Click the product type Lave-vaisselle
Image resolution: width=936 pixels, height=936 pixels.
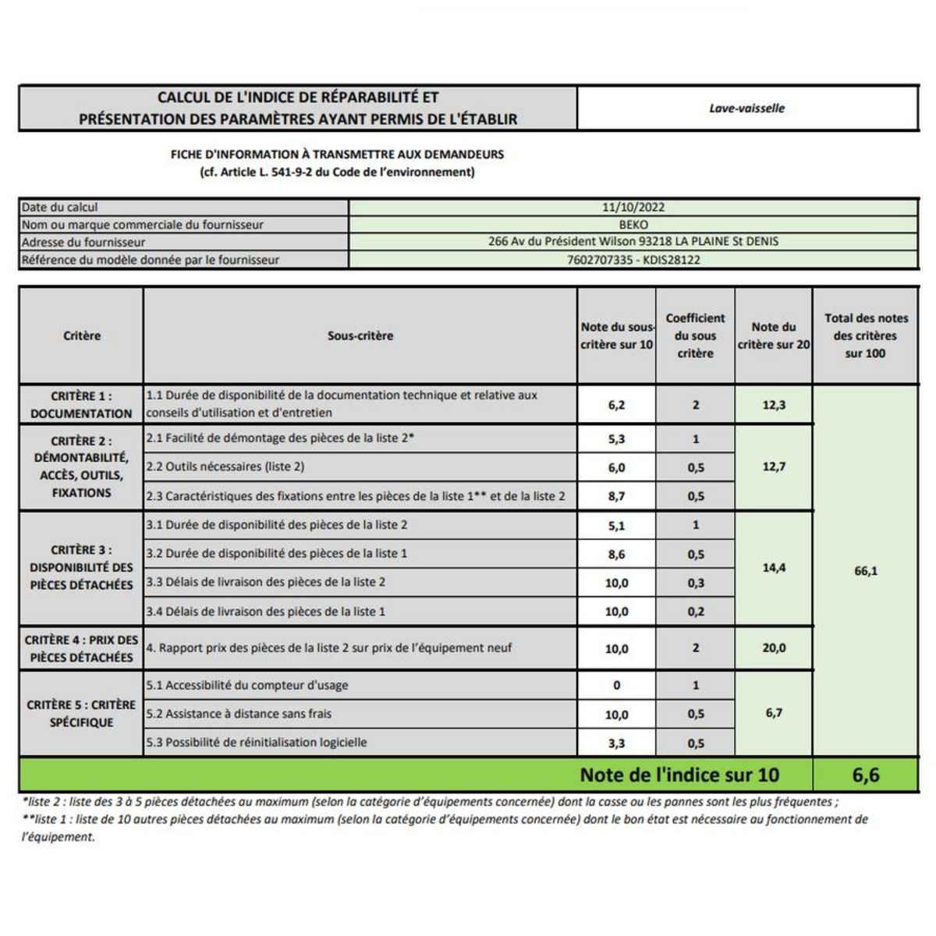click(x=746, y=108)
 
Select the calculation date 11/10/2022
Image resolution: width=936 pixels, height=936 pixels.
click(x=633, y=207)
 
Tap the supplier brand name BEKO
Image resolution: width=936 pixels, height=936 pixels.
click(x=633, y=225)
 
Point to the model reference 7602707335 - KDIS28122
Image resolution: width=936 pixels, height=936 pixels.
click(x=633, y=260)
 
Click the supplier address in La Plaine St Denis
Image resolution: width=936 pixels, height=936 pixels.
click(x=633, y=242)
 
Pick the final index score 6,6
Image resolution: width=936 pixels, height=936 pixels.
click(x=866, y=775)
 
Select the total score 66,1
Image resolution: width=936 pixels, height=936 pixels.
click(x=866, y=571)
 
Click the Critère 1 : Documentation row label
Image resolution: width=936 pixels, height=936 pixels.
click(x=81, y=405)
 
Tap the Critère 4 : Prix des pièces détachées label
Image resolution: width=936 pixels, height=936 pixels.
click(x=81, y=649)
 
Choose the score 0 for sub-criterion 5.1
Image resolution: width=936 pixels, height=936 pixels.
click(x=616, y=686)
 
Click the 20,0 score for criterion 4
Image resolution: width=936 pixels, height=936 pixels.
click(x=774, y=648)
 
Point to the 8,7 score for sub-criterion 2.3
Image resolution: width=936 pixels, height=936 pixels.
click(x=616, y=496)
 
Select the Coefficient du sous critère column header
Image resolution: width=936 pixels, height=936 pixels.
click(x=695, y=335)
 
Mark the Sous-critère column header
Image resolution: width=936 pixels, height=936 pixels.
click(x=360, y=335)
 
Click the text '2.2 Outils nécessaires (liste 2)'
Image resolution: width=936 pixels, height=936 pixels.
click(x=225, y=467)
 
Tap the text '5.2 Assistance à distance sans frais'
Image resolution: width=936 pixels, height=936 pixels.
click(x=239, y=714)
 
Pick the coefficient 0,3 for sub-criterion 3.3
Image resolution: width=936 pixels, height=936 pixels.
click(x=696, y=583)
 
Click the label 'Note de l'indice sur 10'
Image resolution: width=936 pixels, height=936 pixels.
click(x=679, y=775)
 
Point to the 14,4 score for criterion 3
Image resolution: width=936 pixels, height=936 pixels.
click(x=774, y=568)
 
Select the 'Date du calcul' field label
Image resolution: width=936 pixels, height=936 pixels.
click(x=60, y=207)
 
